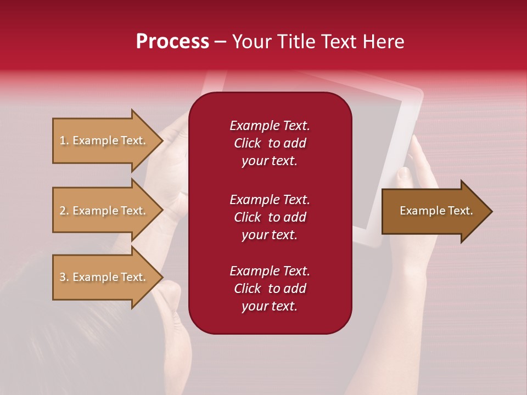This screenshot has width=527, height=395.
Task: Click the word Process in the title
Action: (172, 42)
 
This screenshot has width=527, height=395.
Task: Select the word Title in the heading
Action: (294, 42)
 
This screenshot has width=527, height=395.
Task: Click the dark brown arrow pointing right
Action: (436, 211)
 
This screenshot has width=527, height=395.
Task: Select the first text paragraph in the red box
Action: (270, 143)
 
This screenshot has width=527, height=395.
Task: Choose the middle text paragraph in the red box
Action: (270, 217)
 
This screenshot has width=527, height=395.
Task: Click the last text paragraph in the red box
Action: (270, 289)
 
